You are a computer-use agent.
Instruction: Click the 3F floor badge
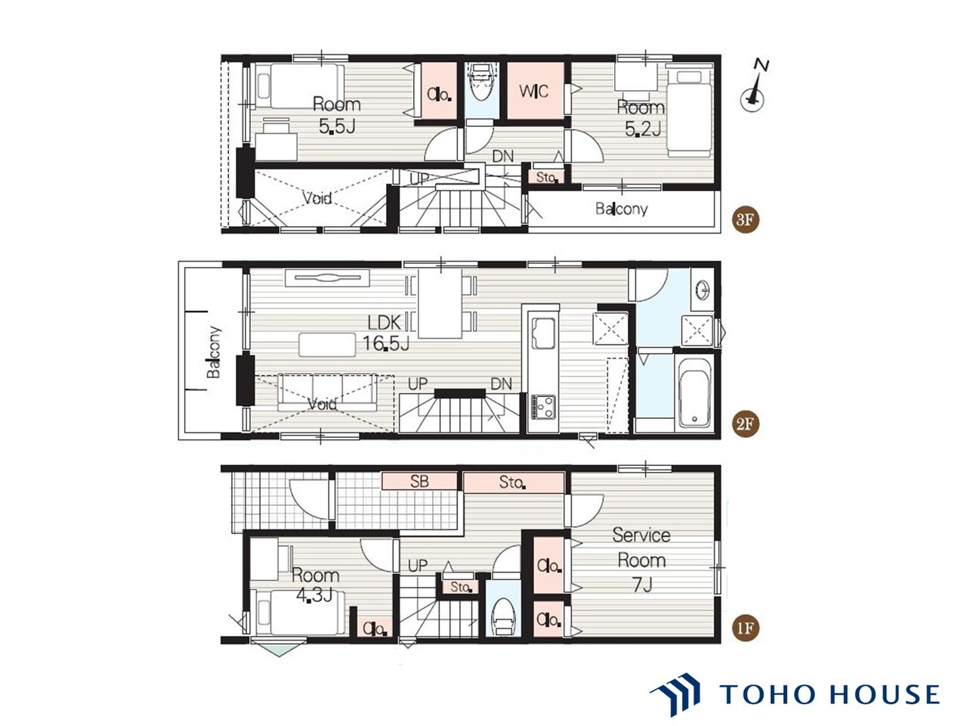point(745,219)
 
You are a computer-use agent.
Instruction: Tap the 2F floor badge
point(745,424)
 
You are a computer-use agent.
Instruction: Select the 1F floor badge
point(745,628)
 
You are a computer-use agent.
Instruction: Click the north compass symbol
point(754,87)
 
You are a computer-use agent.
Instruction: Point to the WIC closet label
point(533,92)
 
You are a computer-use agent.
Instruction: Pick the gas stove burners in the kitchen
point(543,407)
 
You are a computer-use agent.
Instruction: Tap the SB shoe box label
point(419,482)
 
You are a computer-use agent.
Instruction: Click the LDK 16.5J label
point(386,333)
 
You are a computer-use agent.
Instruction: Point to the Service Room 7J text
point(641,560)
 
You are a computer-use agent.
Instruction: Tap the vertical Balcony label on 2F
point(214,352)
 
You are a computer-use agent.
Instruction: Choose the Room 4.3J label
point(316,585)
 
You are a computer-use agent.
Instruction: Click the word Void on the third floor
point(317,198)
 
